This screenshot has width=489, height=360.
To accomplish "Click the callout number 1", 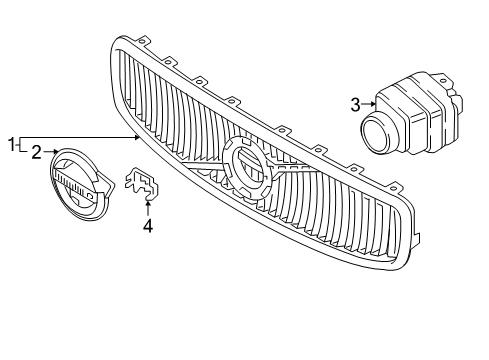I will [13, 146].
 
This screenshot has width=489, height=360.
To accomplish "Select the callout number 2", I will [35, 152].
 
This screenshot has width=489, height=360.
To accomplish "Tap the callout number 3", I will [355, 103].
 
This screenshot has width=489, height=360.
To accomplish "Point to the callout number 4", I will [148, 225].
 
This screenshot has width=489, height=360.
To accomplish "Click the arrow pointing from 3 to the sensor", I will [368, 103].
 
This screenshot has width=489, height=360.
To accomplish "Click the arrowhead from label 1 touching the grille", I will [139, 136].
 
